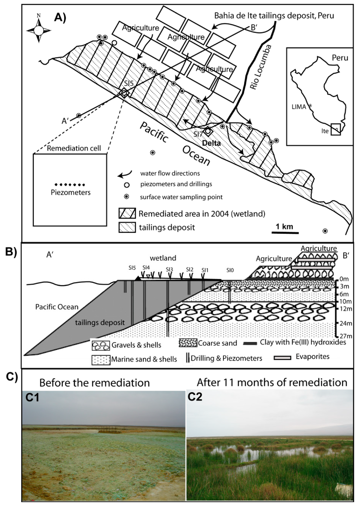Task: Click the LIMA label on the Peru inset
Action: pyautogui.click(x=299, y=106)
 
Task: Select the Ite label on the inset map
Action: pyautogui.click(x=325, y=131)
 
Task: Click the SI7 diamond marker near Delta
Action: pyautogui.click(x=208, y=131)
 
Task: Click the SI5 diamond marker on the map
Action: pyautogui.click(x=124, y=93)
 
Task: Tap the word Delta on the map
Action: pyautogui.click(x=211, y=143)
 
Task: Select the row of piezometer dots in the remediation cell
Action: pyautogui.click(x=70, y=184)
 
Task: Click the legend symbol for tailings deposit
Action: pyautogui.click(x=127, y=227)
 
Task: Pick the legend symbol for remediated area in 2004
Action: pyautogui.click(x=127, y=214)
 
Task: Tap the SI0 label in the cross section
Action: pyautogui.click(x=230, y=270)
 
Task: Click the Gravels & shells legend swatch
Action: pyautogui.click(x=101, y=345)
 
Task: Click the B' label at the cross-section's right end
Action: pyautogui.click(x=346, y=255)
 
